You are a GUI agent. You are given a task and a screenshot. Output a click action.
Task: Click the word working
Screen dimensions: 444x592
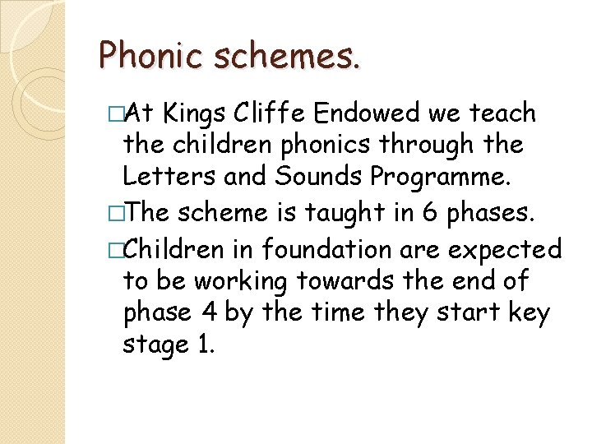point(243,282)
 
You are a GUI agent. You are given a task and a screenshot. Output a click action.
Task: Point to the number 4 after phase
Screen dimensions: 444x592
point(207,313)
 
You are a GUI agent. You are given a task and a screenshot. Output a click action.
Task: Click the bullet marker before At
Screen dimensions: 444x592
point(114,113)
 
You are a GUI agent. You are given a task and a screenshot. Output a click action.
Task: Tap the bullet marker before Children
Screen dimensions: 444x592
point(114,248)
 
